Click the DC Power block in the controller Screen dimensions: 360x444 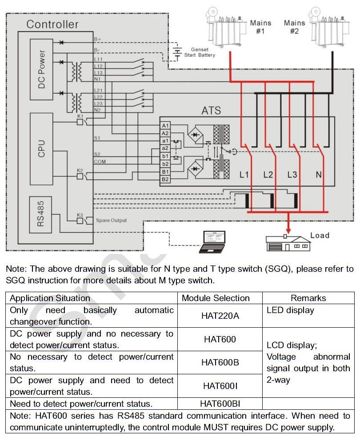click(41, 69)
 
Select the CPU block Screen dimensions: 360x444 click(41, 149)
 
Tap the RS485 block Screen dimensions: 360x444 click(40, 214)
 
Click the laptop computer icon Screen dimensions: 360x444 click(212, 242)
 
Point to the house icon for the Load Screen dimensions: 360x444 click(288, 243)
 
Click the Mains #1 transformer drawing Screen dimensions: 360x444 click(226, 27)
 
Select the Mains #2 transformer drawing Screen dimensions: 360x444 click(329, 27)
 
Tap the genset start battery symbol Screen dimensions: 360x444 click(177, 54)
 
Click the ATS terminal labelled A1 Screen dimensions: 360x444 click(165, 126)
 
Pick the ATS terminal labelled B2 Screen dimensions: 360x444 click(165, 179)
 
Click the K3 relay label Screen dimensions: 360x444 click(80, 215)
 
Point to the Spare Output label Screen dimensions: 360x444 click(111, 220)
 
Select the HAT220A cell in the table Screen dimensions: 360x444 click(220, 316)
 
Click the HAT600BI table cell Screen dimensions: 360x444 click(220, 404)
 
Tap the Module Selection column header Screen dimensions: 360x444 click(216, 298)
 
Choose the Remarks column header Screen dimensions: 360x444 click(308, 298)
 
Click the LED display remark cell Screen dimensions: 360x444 click(308, 316)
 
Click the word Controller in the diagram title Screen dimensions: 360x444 click(52, 24)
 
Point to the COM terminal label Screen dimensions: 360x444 click(100, 162)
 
